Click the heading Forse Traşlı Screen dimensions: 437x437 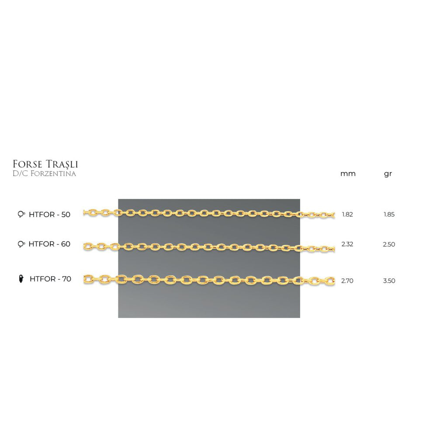(x=45, y=164)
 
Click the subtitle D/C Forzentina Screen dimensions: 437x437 (x=45, y=174)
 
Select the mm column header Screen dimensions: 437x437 (x=348, y=174)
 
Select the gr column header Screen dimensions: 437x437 (x=388, y=174)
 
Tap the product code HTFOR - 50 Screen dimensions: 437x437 (x=49, y=215)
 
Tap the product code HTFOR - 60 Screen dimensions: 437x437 (x=49, y=244)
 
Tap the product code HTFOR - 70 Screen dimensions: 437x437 (x=50, y=279)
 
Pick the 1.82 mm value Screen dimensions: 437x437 (x=347, y=215)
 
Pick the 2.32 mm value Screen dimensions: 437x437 (x=347, y=244)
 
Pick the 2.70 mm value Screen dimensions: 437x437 (x=347, y=281)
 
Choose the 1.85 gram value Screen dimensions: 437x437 (x=389, y=215)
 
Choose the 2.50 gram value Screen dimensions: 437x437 (x=389, y=244)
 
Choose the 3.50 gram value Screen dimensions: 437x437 (x=389, y=281)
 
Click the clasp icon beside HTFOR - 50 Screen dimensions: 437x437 (x=21, y=215)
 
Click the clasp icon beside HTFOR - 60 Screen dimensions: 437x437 (x=21, y=244)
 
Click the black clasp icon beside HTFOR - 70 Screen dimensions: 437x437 (x=21, y=279)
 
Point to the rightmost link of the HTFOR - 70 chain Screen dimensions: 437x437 (x=330, y=281)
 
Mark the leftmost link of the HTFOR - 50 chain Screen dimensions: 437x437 (x=86, y=212)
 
